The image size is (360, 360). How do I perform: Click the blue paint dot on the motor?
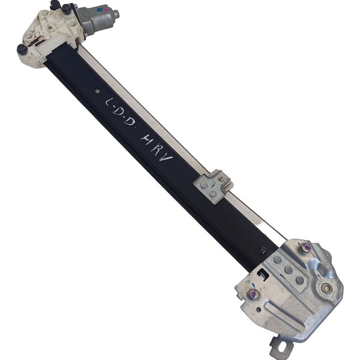99,10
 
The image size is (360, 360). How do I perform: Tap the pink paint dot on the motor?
106,10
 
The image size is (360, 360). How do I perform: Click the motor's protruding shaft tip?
116,14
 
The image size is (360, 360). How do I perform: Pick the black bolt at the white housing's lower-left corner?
22,49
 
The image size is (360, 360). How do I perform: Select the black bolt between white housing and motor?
67,9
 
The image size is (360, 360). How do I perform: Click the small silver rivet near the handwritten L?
97,91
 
